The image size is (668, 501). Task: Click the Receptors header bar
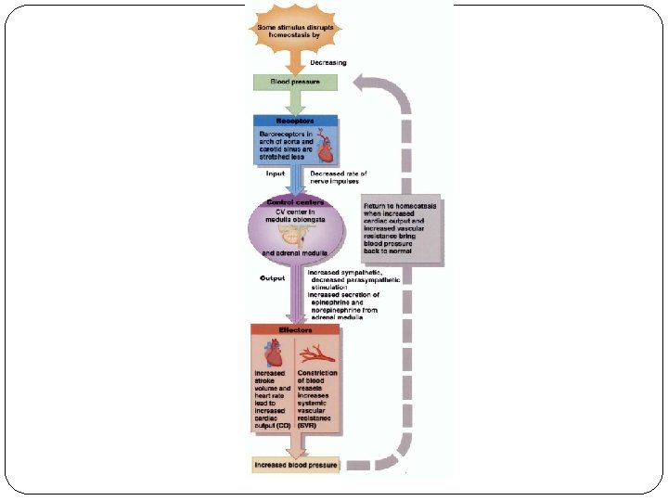[296, 121]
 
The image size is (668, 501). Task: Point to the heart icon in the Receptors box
[325, 147]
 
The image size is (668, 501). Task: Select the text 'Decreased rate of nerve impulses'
[339, 177]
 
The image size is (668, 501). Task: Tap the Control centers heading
[296, 201]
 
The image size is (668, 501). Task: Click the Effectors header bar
[295, 329]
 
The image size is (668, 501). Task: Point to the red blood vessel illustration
[317, 353]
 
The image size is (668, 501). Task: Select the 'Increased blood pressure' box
[296, 464]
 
